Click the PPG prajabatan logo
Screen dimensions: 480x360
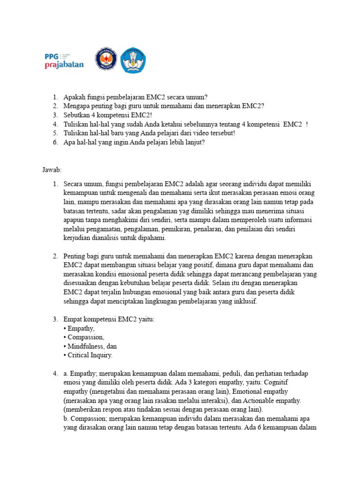[64, 60]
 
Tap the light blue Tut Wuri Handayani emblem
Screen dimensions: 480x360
[133, 60]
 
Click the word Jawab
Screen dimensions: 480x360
[52, 169]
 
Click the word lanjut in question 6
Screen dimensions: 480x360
[194, 142]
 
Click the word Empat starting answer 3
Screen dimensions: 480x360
[73, 320]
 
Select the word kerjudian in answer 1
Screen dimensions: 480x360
[78, 238]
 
